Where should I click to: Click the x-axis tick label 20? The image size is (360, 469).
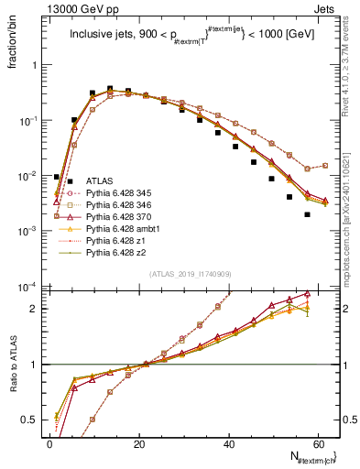[139, 443]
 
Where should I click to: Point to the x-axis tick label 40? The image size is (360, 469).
[229, 443]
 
